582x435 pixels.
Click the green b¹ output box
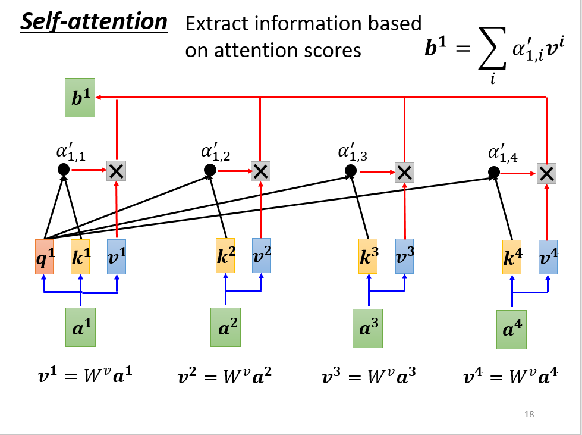click(80, 99)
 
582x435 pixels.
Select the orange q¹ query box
click(44, 256)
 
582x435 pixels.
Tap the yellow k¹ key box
click(80, 256)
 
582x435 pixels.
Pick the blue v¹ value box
click(117, 256)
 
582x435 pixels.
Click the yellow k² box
click(225, 255)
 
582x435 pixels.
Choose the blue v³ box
click(405, 255)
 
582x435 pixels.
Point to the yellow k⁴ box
click(511, 257)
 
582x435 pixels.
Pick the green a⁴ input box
click(512, 329)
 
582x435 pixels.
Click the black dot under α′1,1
click(64, 170)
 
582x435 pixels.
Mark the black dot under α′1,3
click(350, 171)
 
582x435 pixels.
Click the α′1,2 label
click(215, 153)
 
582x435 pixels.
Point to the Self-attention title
click(94, 22)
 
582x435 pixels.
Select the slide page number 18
click(529, 414)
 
